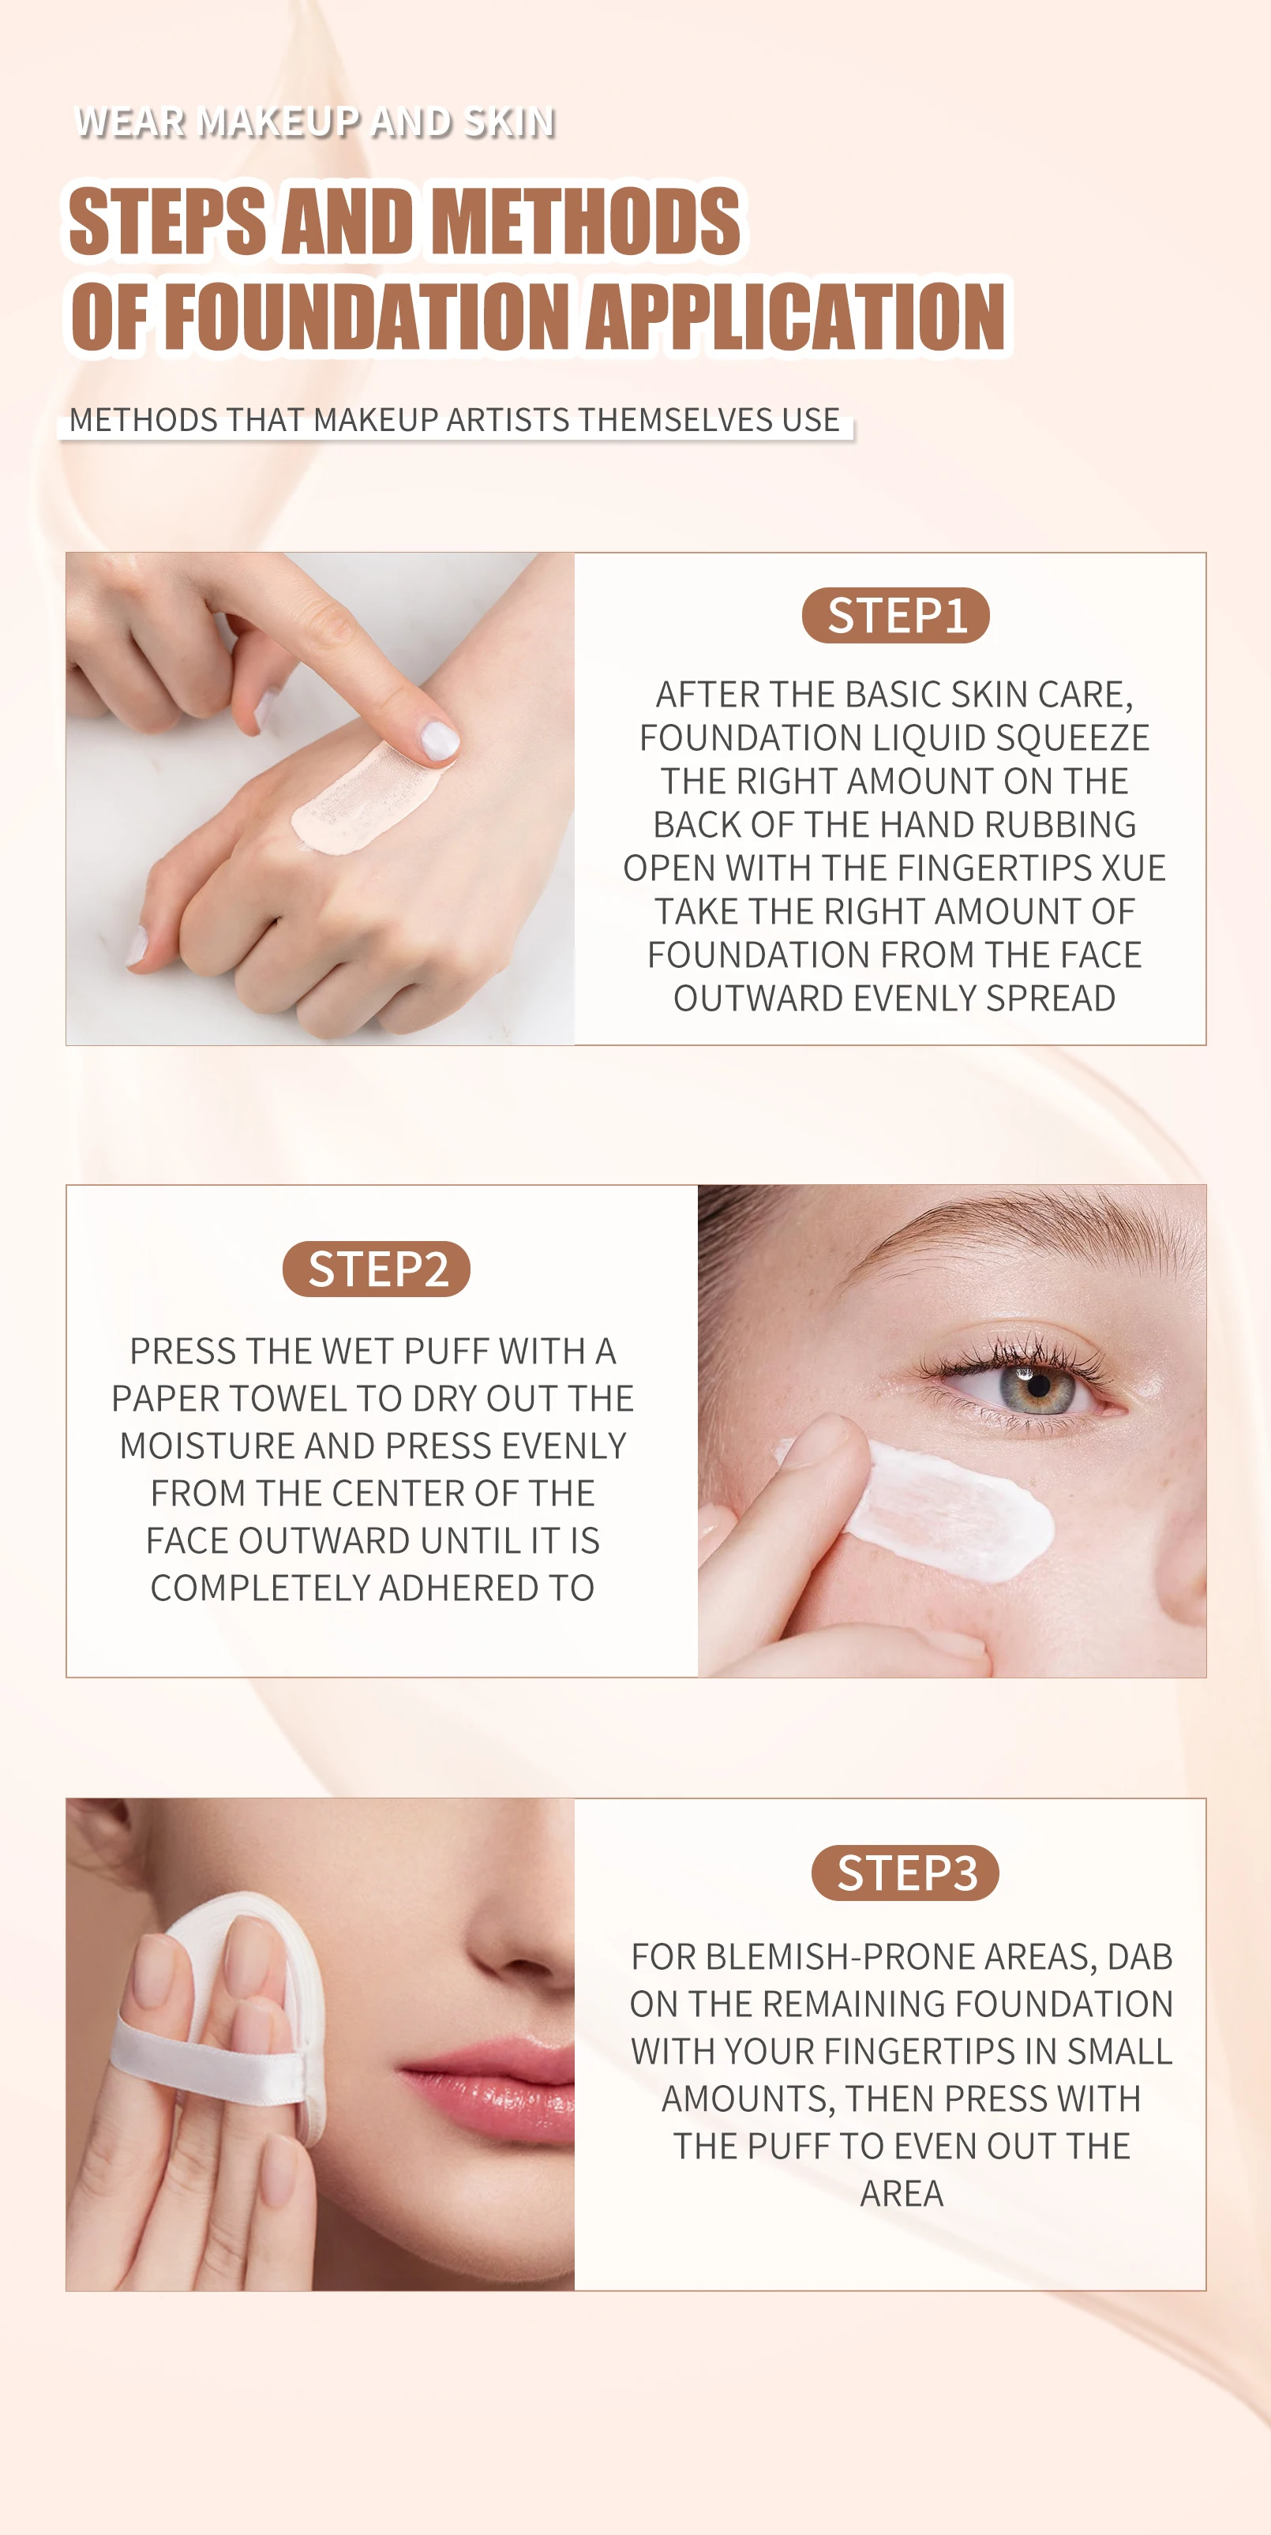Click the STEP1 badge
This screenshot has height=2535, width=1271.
(895, 616)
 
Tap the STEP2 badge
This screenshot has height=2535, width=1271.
(377, 1269)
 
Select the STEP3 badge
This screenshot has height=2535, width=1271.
(905, 1873)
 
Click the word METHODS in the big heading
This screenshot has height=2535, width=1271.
(587, 221)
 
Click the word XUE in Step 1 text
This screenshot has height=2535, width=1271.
(1134, 868)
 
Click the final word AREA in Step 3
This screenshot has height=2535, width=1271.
(901, 2193)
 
